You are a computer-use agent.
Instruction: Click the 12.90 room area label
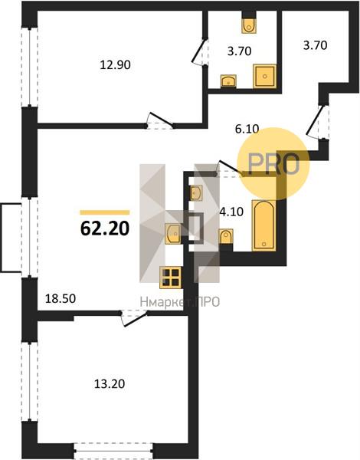(115, 64)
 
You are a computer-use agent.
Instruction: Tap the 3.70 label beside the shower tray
(240, 51)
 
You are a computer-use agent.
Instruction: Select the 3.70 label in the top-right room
(315, 45)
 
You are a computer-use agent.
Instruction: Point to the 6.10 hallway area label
(247, 129)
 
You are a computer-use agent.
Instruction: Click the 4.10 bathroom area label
(231, 212)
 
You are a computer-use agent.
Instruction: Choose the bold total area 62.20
(105, 228)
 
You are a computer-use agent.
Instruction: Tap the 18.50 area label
(61, 298)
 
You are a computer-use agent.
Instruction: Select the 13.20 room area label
(110, 383)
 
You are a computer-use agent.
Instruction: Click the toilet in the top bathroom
(249, 25)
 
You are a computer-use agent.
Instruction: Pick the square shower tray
(265, 76)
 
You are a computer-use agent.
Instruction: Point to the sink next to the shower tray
(228, 80)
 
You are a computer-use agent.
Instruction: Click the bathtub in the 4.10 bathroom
(263, 225)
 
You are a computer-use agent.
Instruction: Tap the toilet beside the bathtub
(226, 236)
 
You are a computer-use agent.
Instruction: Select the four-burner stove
(171, 278)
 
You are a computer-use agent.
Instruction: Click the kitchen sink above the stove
(172, 233)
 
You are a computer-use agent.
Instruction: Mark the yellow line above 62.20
(105, 212)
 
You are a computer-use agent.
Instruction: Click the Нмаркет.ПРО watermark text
(180, 301)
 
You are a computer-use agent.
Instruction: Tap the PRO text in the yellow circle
(273, 164)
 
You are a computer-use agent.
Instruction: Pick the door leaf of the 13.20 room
(135, 320)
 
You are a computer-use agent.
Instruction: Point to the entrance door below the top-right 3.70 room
(315, 120)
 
